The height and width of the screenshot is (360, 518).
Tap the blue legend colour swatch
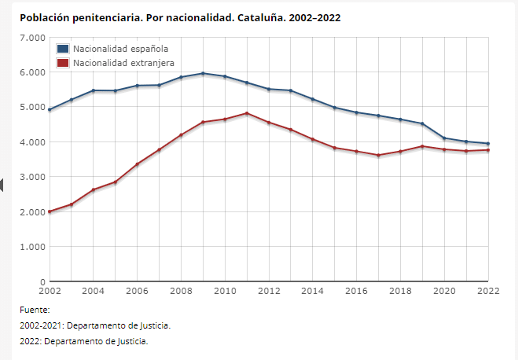pyautogui.click(x=63, y=49)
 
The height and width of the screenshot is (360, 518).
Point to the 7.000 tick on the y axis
pyautogui.click(x=32, y=38)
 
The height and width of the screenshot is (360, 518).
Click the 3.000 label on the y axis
pyautogui.click(x=32, y=177)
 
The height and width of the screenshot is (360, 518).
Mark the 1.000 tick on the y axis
pyautogui.click(x=32, y=247)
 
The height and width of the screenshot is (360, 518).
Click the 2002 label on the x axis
pyautogui.click(x=49, y=291)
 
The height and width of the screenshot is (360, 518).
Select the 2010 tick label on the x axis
pyautogui.click(x=225, y=291)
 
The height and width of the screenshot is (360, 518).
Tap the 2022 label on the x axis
pyautogui.click(x=488, y=291)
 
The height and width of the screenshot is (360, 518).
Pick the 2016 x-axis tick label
pyautogui.click(x=357, y=291)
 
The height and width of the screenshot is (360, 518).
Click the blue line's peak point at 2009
pyautogui.click(x=203, y=74)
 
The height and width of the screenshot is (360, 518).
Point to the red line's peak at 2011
pyautogui.click(x=247, y=113)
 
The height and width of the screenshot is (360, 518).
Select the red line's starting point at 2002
pyautogui.click(x=50, y=211)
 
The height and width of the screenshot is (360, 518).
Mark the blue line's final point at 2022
pyautogui.click(x=488, y=144)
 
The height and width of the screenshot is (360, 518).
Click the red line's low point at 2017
pyautogui.click(x=378, y=156)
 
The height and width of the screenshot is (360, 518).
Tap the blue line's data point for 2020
pyautogui.click(x=444, y=138)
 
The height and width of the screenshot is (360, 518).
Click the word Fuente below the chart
pyautogui.click(x=35, y=310)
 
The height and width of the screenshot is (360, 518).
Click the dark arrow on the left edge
pyautogui.click(x=2, y=185)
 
